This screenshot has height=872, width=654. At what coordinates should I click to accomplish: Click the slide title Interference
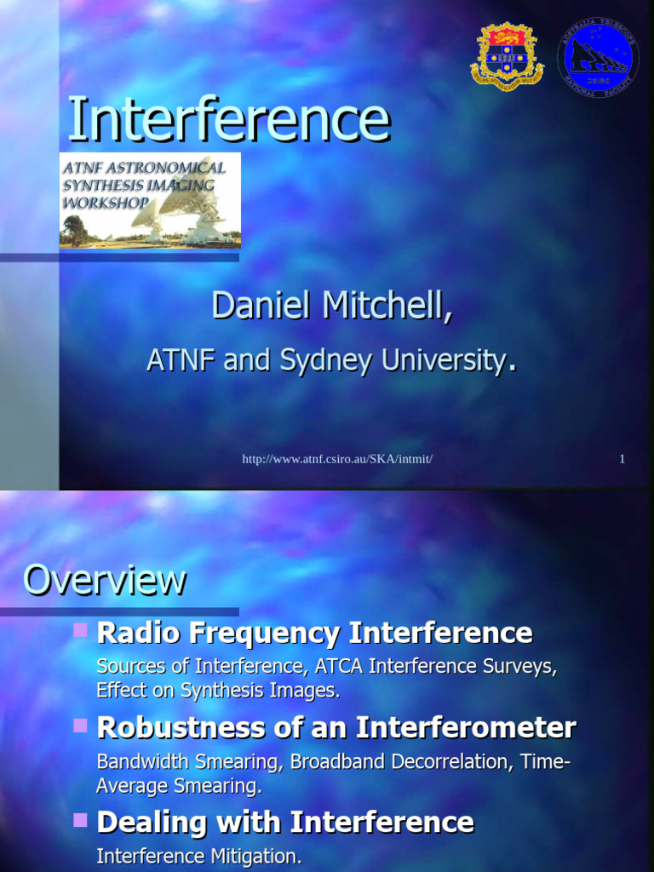(x=228, y=120)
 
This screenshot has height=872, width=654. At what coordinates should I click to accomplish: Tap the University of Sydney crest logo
(x=507, y=55)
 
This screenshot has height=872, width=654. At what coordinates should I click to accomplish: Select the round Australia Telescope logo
(x=598, y=57)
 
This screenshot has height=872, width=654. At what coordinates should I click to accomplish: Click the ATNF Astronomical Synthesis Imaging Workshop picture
(x=150, y=201)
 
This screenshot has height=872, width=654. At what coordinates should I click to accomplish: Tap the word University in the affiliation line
(x=442, y=360)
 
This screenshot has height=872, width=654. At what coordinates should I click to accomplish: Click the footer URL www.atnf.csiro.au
(x=338, y=459)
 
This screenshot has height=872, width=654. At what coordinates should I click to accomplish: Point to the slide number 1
(x=622, y=459)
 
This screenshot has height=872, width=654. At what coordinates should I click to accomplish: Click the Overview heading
(x=104, y=581)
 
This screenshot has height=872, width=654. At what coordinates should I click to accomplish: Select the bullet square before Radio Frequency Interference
(x=81, y=631)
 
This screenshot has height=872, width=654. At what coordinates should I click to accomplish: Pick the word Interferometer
(x=466, y=728)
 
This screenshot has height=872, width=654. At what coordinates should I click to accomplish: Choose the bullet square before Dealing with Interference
(x=81, y=821)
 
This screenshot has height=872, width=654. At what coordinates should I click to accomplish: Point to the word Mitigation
(x=258, y=857)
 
